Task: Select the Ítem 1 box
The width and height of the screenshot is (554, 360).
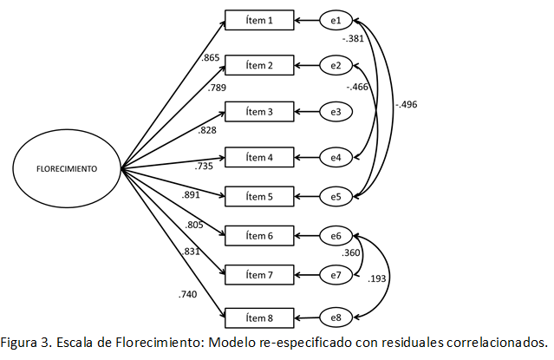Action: coord(259,20)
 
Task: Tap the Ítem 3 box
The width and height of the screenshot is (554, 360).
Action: coord(259,112)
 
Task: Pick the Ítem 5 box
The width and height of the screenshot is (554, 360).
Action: coord(259,197)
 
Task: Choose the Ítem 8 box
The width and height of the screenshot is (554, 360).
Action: coord(259,318)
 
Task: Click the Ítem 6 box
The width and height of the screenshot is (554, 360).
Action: coord(259,235)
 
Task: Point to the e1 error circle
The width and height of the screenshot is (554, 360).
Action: coord(336,20)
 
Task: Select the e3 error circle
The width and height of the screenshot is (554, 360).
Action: coord(336,112)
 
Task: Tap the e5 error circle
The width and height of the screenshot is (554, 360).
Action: coord(336,197)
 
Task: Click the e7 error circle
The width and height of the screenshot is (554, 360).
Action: coord(336,275)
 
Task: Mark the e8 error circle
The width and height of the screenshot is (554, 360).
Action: coord(336,318)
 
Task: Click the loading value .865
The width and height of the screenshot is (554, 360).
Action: coord(210,58)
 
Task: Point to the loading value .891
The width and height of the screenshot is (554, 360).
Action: coord(192,195)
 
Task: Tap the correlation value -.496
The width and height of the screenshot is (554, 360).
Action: coord(406,105)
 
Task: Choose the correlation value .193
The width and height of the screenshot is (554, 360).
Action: coord(378,279)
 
